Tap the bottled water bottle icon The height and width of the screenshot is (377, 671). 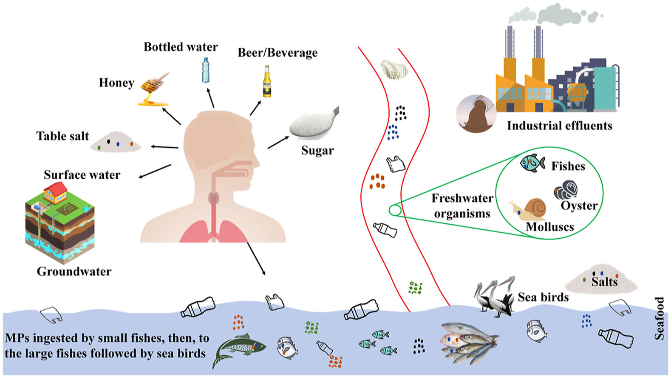point(206,70)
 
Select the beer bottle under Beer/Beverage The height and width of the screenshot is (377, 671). point(266,81)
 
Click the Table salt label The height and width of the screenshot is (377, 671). point(62,136)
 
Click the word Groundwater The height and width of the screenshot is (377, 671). point(74,271)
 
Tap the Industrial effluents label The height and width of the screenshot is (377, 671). point(559,126)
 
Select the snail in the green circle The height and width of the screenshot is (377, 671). point(529,208)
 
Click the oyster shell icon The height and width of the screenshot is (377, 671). point(566,190)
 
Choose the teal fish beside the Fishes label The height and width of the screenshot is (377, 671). point(532,163)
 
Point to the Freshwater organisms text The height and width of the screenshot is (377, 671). point(462,206)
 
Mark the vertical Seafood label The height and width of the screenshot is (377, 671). point(659,318)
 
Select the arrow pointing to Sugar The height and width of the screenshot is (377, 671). point(278,143)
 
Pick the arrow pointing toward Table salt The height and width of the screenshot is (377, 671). point(164,147)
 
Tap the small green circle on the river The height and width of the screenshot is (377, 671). point(395,210)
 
